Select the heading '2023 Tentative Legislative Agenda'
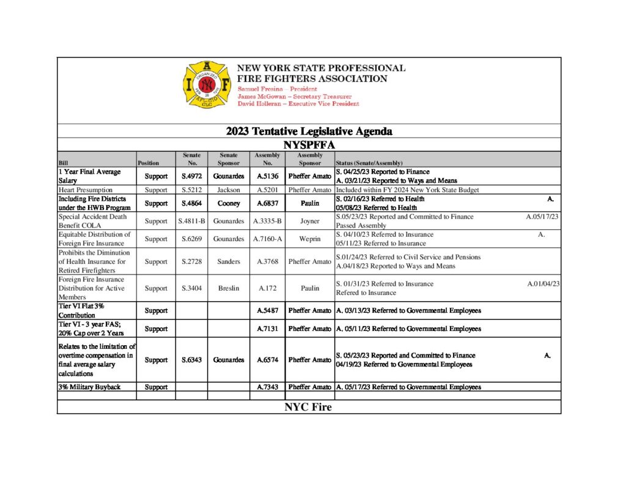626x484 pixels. coord(309,132)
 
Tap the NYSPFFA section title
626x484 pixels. coord(309,145)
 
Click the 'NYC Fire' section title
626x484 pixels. coord(308,407)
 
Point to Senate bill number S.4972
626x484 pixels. coord(191,176)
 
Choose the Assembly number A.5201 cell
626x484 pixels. coord(268,190)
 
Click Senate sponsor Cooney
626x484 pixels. coord(229,203)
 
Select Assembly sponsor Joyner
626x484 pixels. coord(309,221)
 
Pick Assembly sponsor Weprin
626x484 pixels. coord(309,239)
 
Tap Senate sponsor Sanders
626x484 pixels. coord(229,261)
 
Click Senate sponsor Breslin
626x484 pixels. coord(229,288)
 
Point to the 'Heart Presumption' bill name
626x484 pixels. coord(86,190)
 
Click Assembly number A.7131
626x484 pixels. coord(268,329)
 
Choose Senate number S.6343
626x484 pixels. coord(191,360)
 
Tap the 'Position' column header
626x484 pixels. coord(149,163)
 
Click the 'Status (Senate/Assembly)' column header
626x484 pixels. coord(369,163)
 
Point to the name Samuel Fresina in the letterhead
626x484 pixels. coord(258,89)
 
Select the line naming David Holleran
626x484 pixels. coord(298,104)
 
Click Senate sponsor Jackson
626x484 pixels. coord(229,190)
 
